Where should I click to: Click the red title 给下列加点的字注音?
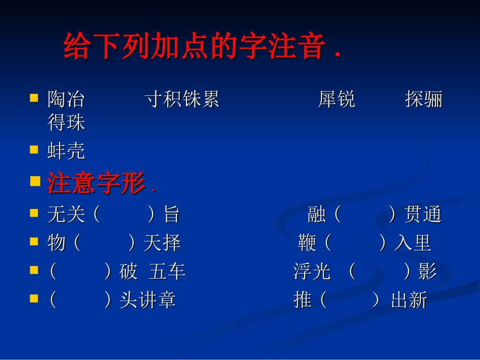[x=202, y=46]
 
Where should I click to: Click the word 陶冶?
[x=66, y=99]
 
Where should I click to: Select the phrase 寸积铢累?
[x=182, y=99]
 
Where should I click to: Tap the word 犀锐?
[x=337, y=99]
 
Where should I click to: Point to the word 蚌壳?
[x=66, y=151]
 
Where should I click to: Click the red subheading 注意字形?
[x=96, y=183]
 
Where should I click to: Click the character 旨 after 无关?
[x=172, y=215]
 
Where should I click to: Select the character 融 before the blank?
[x=317, y=215]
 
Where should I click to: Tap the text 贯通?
[x=423, y=215]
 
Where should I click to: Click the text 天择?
[x=162, y=243]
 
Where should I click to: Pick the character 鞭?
[x=307, y=243]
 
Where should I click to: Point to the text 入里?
[x=413, y=243]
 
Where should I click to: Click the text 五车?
[x=167, y=272]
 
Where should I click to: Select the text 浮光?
[x=312, y=272]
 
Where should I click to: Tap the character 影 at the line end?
[x=427, y=272]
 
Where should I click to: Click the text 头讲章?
[x=148, y=300]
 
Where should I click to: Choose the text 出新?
[x=409, y=300]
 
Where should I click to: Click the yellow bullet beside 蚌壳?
[x=34, y=150]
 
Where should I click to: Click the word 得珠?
[x=66, y=123]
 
